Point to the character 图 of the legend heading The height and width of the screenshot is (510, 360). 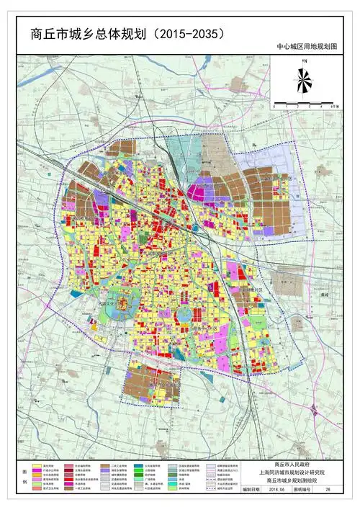coord(29,466)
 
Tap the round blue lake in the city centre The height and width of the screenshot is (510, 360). coord(184,315)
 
